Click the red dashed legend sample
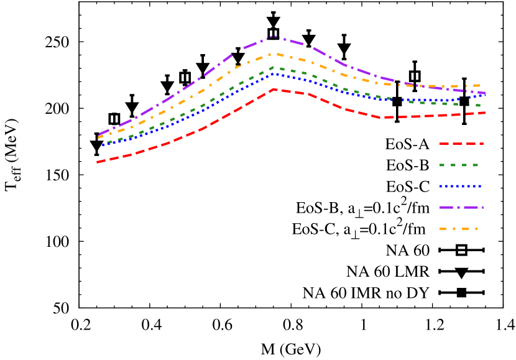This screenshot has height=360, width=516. (x=461, y=144)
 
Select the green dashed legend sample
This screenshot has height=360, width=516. (x=460, y=165)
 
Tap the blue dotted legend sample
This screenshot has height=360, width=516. (x=461, y=186)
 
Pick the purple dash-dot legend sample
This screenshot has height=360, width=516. (x=461, y=207)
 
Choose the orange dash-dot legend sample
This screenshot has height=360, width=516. (x=460, y=229)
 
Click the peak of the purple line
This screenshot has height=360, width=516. (x=274, y=36)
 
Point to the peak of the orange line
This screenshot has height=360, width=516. (x=277, y=53)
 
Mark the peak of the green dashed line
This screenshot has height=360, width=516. (x=274, y=67)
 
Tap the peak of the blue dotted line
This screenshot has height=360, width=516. (x=274, y=74)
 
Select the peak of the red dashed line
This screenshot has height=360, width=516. (x=275, y=89)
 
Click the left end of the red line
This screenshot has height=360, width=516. (x=98, y=162)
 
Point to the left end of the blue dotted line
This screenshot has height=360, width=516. (x=101, y=145)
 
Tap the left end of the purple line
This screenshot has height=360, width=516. (x=99, y=135)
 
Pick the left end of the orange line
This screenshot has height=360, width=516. (x=98, y=137)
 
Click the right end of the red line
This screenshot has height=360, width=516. (x=486, y=113)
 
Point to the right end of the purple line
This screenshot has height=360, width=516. (x=486, y=93)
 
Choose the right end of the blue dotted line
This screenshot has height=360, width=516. (x=485, y=95)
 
